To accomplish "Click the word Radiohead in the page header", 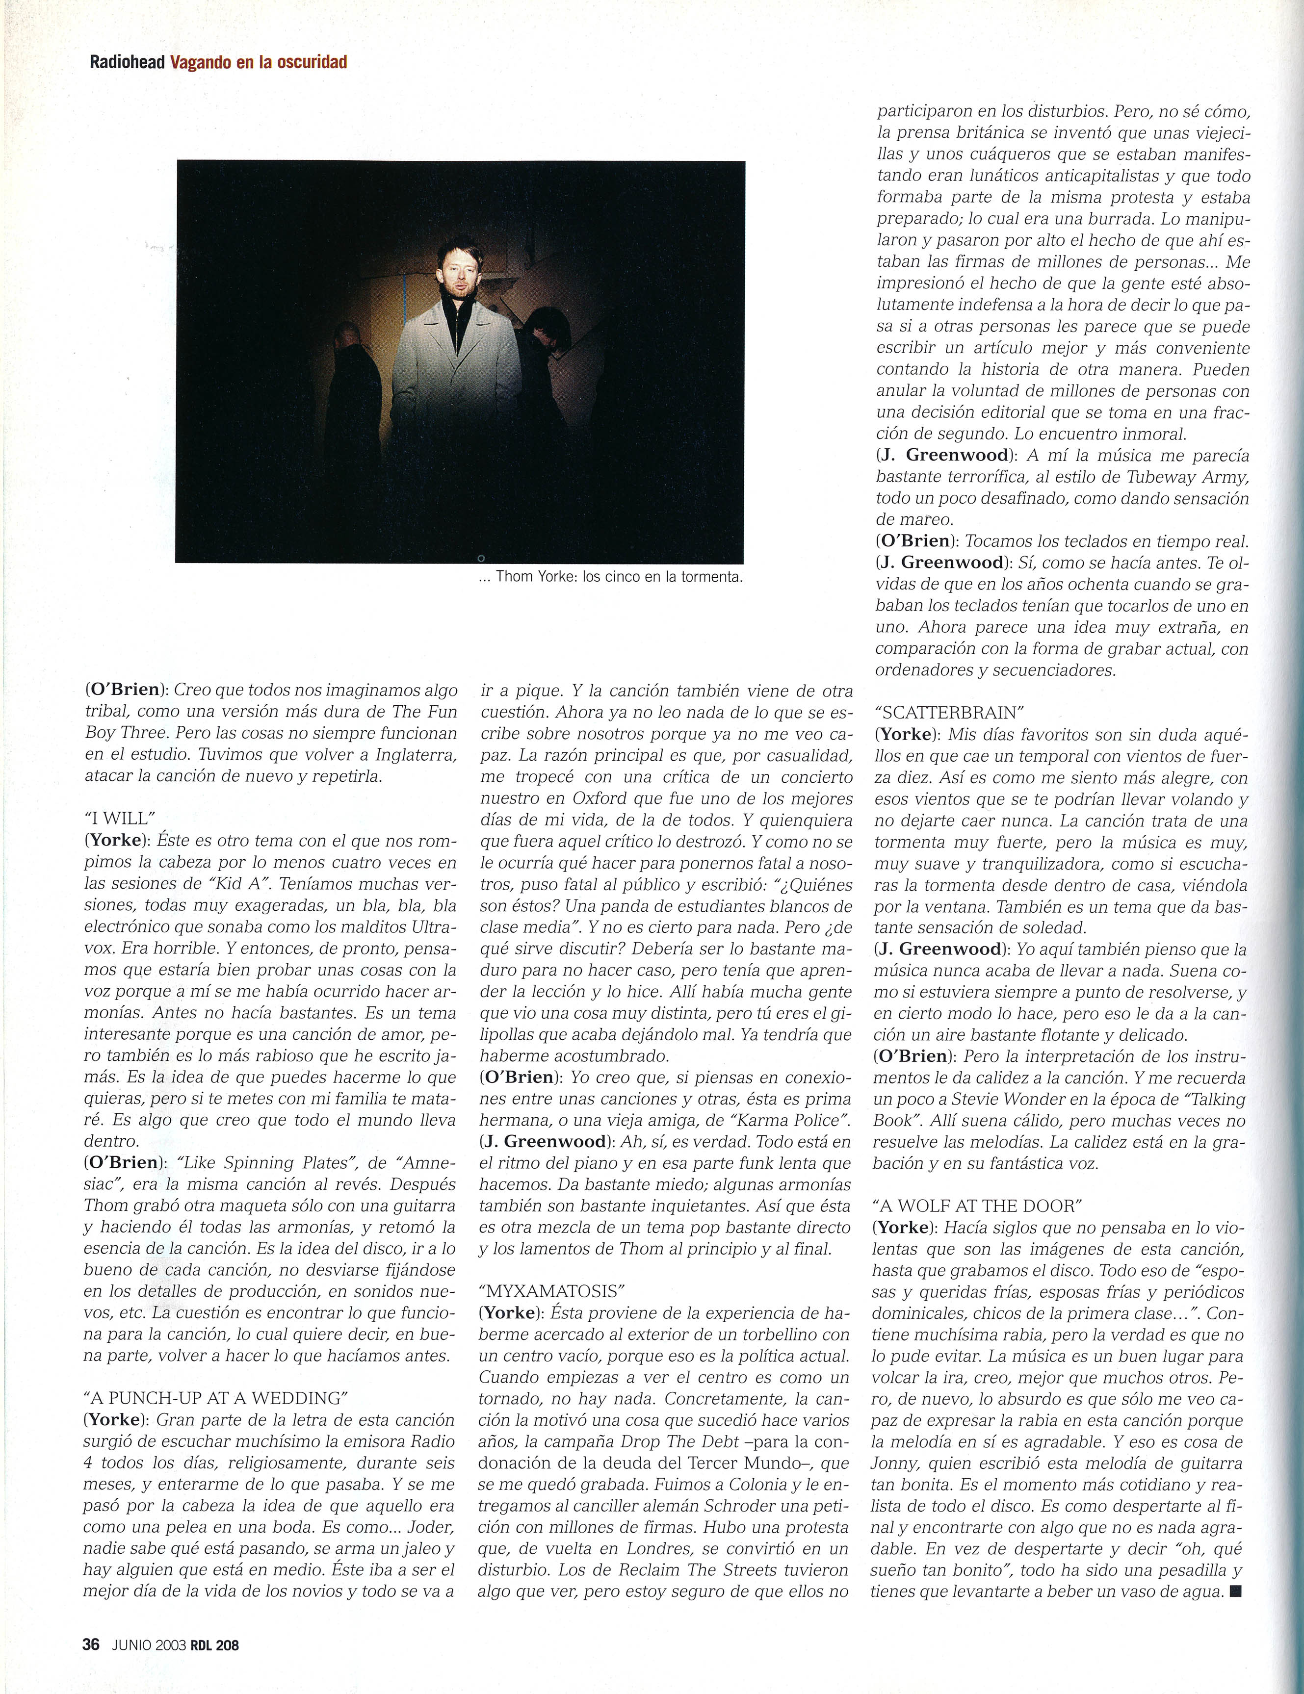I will (127, 63).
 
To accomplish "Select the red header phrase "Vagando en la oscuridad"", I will (258, 63).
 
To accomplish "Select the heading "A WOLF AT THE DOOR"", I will (977, 1206).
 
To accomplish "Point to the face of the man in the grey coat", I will (455, 272).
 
